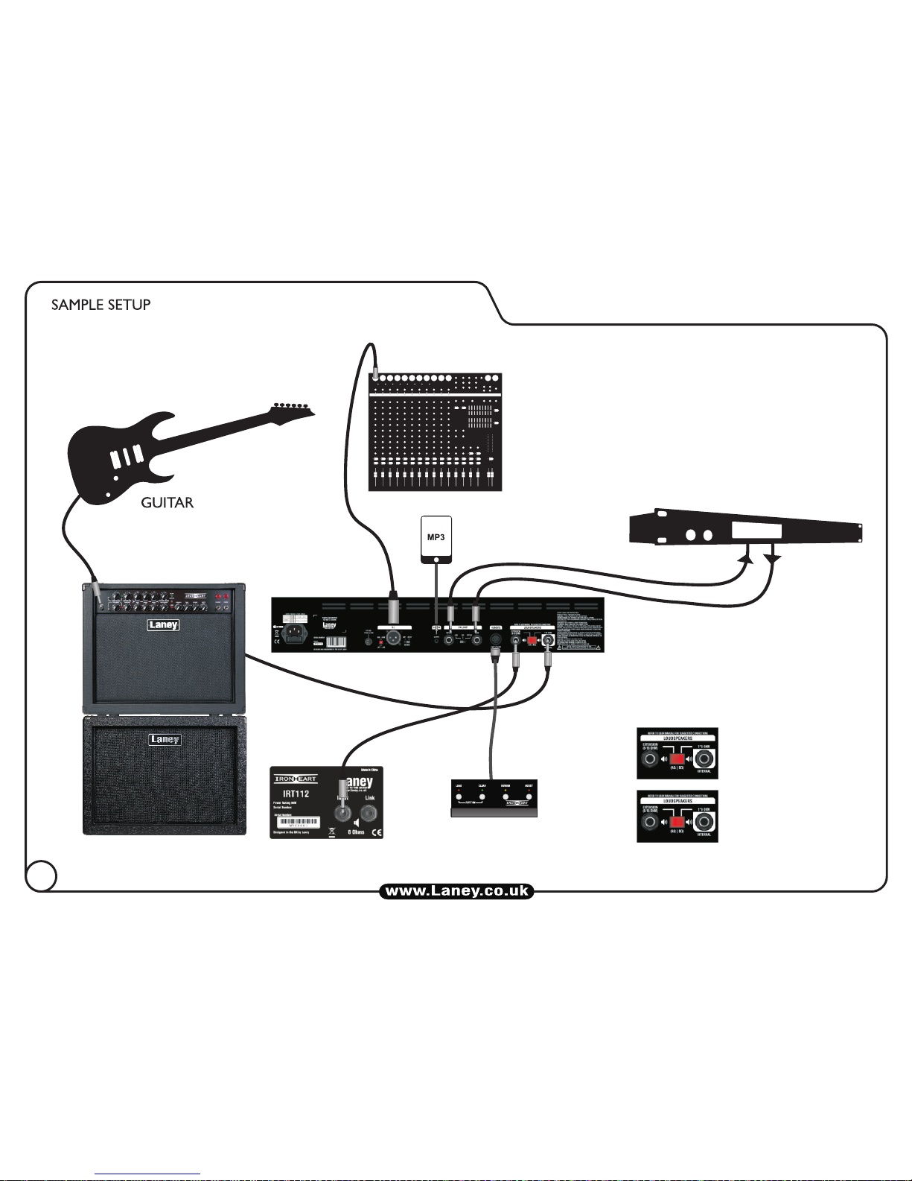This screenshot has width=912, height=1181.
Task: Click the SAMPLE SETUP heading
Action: click(101, 305)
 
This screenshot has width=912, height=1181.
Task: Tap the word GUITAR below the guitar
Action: click(168, 503)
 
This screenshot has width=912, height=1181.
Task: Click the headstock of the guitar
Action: click(293, 410)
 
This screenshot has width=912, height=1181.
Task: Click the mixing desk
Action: click(436, 432)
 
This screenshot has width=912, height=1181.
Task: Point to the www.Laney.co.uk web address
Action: click(456, 891)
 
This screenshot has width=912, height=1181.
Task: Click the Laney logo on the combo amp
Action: click(162, 624)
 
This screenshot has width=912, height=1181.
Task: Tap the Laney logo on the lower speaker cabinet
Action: click(165, 740)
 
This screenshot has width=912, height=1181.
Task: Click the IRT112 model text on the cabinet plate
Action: click(296, 794)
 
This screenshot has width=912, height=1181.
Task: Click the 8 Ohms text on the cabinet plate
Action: click(356, 832)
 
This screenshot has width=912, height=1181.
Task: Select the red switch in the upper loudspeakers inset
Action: click(677, 760)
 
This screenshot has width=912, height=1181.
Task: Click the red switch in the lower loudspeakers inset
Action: click(677, 823)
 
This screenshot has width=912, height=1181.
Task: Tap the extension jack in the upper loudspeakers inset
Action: click(651, 760)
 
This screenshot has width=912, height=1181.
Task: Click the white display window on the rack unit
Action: click(756, 531)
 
